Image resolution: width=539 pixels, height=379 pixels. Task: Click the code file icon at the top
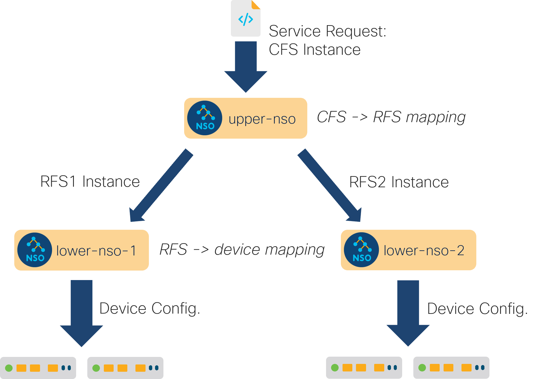[245, 19]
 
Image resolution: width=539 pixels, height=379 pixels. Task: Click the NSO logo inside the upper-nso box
[205, 118]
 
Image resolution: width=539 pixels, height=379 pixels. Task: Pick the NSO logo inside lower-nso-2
[361, 250]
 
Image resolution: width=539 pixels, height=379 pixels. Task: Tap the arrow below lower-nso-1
[81, 313]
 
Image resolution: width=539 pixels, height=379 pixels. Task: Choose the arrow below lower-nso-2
[408, 313]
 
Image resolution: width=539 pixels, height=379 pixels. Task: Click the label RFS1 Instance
[90, 182]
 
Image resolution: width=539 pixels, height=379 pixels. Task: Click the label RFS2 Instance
[399, 182]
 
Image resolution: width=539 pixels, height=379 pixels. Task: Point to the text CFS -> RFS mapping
[391, 117]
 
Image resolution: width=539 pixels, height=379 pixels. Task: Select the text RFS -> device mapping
[242, 250]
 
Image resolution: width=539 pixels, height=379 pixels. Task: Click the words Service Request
[327, 31]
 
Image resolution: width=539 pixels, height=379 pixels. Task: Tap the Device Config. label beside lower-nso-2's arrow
[477, 309]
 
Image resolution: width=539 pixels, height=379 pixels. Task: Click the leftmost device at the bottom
[38, 368]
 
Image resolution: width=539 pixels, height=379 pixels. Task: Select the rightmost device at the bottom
[451, 368]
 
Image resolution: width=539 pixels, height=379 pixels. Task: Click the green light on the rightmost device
[422, 368]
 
